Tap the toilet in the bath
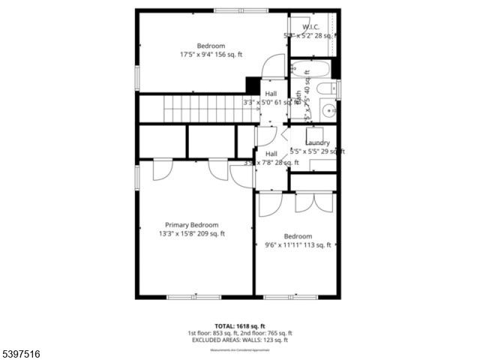pyautogui.click(x=328, y=88)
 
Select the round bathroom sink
pyautogui.click(x=328, y=111)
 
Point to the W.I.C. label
pyautogui.click(x=311, y=26)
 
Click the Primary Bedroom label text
pyautogui.click(x=192, y=225)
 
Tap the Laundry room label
pyautogui.click(x=317, y=142)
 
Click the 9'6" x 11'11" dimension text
pyautogui.click(x=298, y=244)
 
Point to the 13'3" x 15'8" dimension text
pyautogui.click(x=191, y=234)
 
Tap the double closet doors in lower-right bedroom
pyautogui.click(x=313, y=200)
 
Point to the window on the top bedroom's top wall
pyautogui.click(x=233, y=10)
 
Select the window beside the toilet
pyautogui.click(x=338, y=88)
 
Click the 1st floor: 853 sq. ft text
pyautogui.click(x=212, y=333)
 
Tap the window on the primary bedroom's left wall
pyautogui.click(x=136, y=176)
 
